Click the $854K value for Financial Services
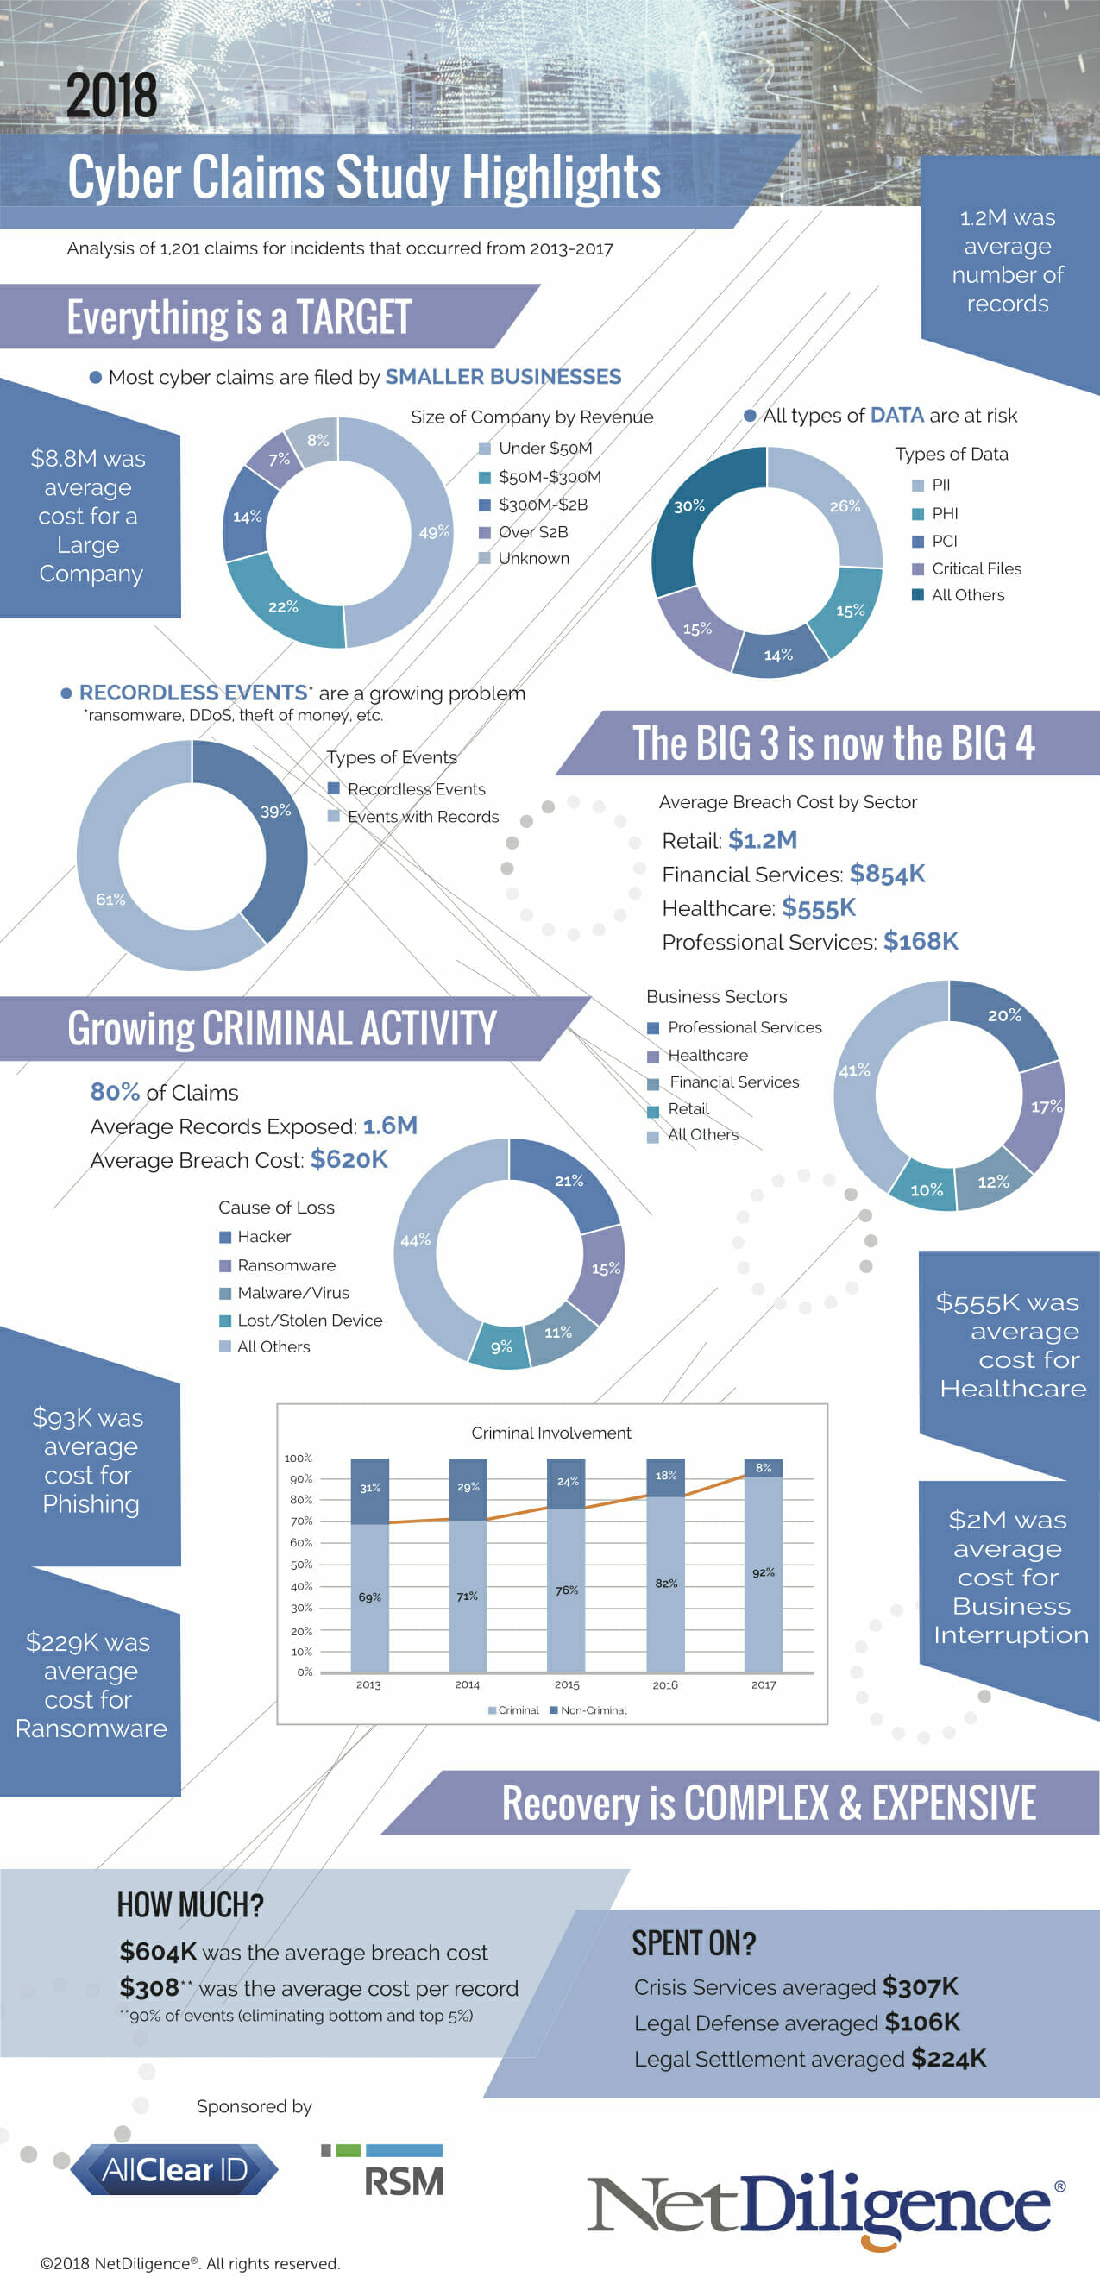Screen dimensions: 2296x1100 887,874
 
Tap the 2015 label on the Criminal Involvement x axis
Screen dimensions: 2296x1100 566,1684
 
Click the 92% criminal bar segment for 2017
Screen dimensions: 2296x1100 763,1573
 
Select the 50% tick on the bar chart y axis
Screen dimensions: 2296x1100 301,1565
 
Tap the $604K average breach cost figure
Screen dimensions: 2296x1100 158,1951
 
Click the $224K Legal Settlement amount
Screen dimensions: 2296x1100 947,2058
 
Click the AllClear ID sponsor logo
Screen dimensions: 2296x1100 175,2169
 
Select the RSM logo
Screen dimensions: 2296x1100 383,2171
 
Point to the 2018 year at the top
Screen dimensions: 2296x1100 111,97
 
